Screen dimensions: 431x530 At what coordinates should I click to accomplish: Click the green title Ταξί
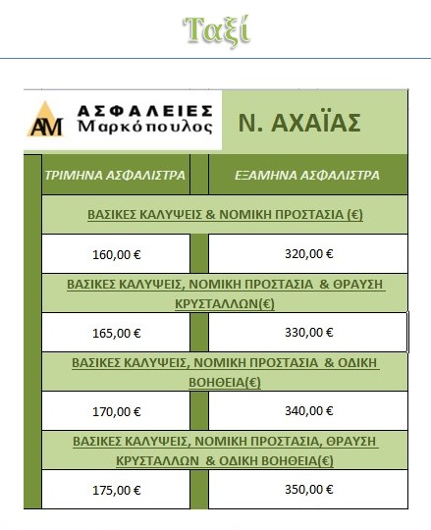point(216,30)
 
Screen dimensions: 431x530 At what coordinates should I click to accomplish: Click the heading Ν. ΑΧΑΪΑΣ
point(299,123)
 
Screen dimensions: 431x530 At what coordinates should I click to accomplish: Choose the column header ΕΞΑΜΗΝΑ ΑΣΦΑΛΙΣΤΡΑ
point(307,177)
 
